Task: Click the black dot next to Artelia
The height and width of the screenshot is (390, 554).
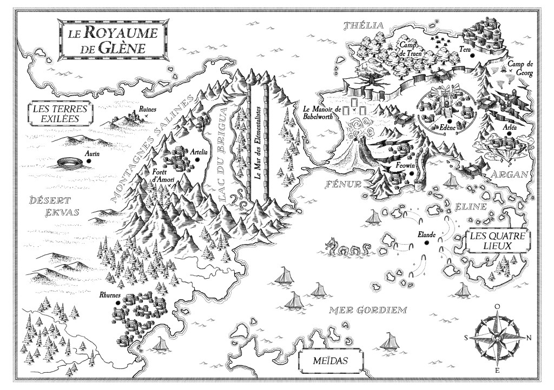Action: (x=199, y=159)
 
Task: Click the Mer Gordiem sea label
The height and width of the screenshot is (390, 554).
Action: (x=368, y=310)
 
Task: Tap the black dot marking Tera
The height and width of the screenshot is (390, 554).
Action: (x=472, y=55)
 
